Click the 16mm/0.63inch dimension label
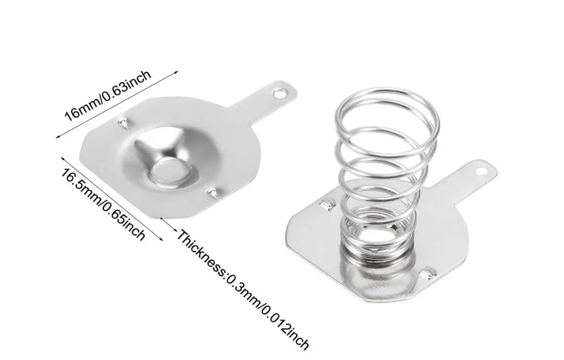tap(108, 95)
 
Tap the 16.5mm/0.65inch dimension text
tap(103, 205)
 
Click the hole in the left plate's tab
tap(278, 94)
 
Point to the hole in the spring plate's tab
tap(481, 172)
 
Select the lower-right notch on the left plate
tap(214, 193)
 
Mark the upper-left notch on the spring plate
tap(328, 204)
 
